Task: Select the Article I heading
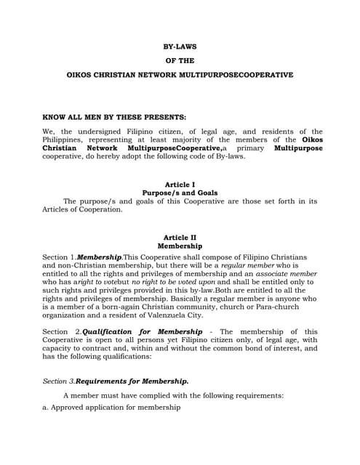[x=180, y=185]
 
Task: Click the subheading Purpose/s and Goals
[x=180, y=193]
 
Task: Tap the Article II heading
[x=180, y=238]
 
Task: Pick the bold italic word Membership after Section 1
[x=100, y=257]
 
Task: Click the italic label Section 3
[x=58, y=381]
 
